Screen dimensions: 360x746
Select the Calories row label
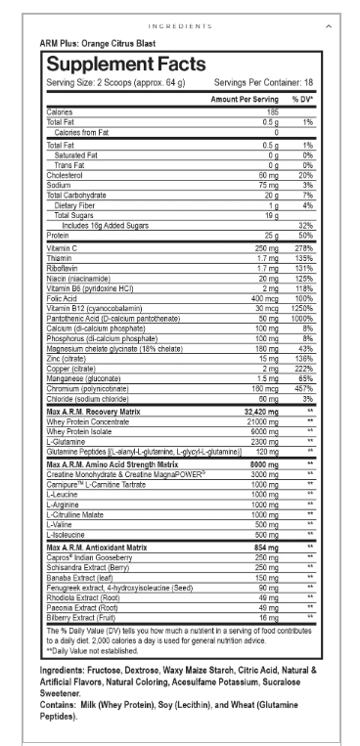(60, 112)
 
